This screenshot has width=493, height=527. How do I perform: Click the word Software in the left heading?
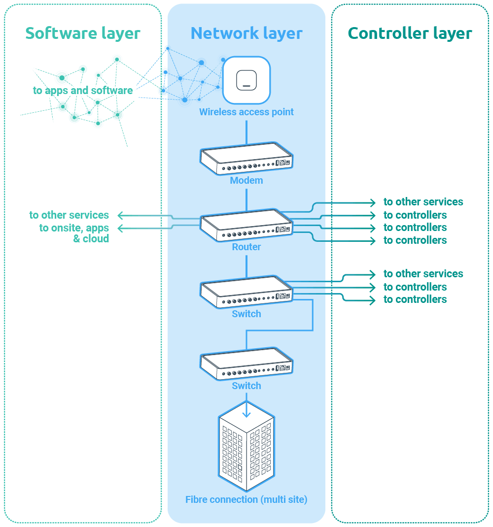coord(54,33)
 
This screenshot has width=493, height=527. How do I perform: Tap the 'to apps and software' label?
coord(83,91)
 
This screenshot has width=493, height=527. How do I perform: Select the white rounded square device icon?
coord(246,80)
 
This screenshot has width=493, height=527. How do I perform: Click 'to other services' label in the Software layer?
coord(69,215)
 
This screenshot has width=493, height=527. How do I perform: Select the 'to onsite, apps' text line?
coord(74,228)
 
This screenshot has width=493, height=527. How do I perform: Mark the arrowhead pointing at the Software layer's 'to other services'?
coord(120,215)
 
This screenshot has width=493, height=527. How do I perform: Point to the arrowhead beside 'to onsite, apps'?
coord(120,228)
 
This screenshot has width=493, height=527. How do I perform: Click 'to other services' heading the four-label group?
coord(423,202)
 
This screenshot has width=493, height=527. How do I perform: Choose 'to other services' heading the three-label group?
coord(423,274)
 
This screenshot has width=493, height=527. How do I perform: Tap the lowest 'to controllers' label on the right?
coord(415,299)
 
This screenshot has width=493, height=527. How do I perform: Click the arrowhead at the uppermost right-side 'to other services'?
coord(373,202)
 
